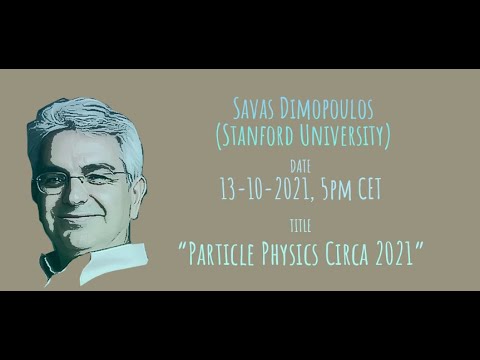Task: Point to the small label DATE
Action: point(300,165)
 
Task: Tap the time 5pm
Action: point(333,185)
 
